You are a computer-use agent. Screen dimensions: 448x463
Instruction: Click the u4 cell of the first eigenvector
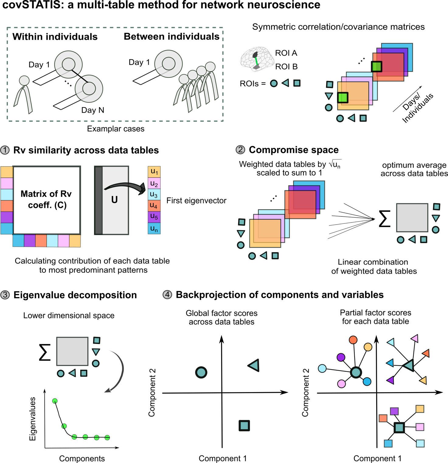(154, 206)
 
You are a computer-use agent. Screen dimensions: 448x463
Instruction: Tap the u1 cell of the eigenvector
(154, 172)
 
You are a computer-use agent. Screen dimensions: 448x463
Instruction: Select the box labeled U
(112, 200)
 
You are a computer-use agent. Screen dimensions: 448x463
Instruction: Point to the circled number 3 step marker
(5, 295)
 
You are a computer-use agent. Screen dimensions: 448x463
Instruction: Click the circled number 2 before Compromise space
(240, 150)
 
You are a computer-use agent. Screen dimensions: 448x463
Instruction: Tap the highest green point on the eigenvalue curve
(55, 401)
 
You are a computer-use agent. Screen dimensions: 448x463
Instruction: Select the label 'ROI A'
(286, 53)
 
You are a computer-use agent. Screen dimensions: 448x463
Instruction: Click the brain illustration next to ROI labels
(256, 59)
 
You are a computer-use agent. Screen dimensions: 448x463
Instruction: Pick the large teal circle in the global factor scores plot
(201, 372)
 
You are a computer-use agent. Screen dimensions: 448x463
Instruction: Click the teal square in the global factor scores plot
(244, 426)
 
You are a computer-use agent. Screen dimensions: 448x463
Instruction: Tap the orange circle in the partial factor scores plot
(353, 340)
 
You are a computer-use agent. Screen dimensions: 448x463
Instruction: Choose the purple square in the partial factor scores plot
(394, 411)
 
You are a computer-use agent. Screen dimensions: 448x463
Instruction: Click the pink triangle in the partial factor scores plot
(415, 338)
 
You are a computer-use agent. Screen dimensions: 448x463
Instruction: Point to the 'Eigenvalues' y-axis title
(32, 419)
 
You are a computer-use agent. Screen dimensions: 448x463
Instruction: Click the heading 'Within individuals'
(55, 37)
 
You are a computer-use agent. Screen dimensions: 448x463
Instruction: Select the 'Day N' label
(93, 110)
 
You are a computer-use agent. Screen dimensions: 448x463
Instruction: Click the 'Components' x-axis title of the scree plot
(82, 458)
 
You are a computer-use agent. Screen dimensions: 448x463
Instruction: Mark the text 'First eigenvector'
(196, 201)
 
